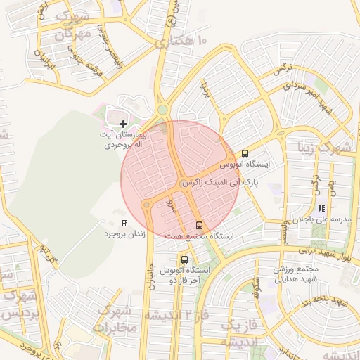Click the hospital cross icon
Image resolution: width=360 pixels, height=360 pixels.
(x=124, y=124)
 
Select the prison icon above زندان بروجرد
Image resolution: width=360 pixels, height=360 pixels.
(x=124, y=223)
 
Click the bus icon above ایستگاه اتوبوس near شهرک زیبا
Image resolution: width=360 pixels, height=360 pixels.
(x=245, y=153)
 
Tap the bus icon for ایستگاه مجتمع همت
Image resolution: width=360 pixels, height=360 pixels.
(x=200, y=226)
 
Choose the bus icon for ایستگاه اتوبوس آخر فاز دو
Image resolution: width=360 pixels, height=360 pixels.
(x=184, y=259)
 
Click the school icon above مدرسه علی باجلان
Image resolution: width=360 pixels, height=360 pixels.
(x=321, y=209)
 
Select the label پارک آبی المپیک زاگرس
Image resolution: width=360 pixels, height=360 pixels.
(x=220, y=182)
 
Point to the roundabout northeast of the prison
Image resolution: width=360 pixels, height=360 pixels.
(x=148, y=205)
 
